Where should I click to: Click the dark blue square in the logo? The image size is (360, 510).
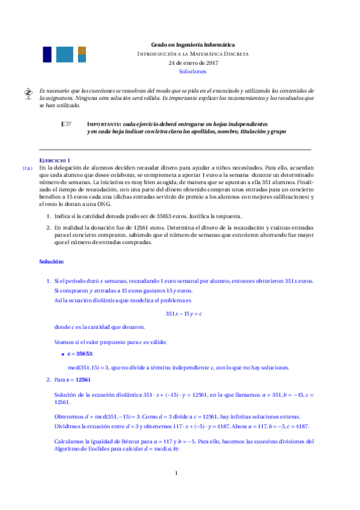[x=46, y=54]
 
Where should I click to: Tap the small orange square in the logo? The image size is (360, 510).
[x=82, y=50]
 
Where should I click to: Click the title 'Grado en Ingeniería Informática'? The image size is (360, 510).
[x=192, y=45]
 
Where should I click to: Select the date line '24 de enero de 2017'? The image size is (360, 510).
[x=192, y=63]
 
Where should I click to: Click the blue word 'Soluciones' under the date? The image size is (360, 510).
[x=192, y=71]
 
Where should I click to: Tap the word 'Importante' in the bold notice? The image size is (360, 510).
[x=105, y=123]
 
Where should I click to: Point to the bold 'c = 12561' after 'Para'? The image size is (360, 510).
[x=79, y=380]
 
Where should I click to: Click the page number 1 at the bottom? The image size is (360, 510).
[x=177, y=490]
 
